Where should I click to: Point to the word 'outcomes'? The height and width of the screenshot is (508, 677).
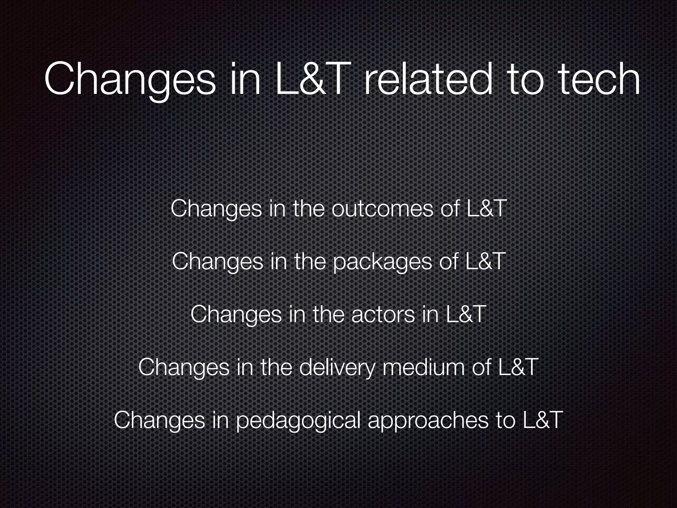point(382,209)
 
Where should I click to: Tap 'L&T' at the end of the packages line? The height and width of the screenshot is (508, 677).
point(485,262)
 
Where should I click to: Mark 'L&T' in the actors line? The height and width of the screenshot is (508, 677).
point(466,315)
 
